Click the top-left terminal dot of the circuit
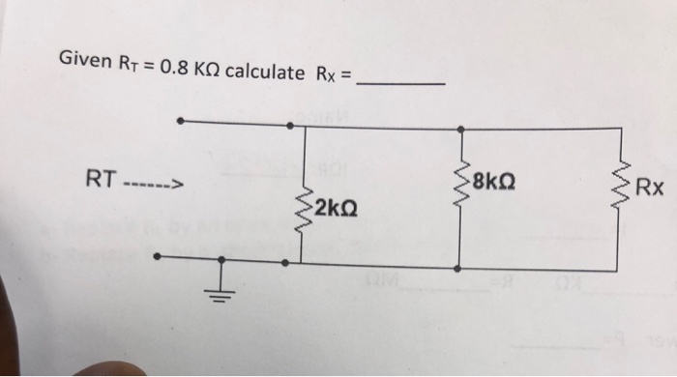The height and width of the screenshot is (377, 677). (x=181, y=122)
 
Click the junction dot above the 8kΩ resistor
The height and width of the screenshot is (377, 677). (x=460, y=126)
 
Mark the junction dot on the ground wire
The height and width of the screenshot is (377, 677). (x=221, y=260)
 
